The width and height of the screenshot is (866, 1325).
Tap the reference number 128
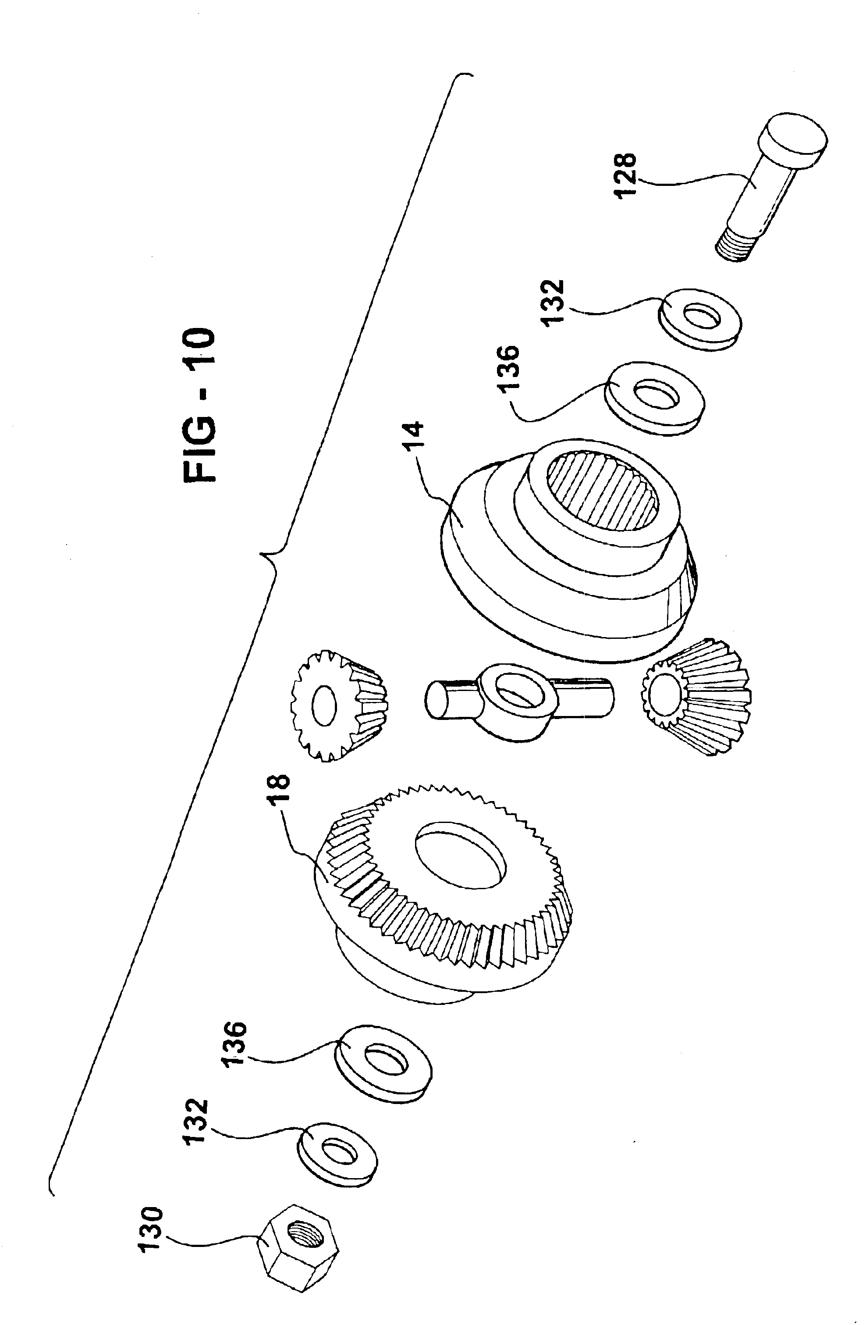[x=625, y=175]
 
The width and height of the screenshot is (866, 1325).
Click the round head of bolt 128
[x=796, y=139]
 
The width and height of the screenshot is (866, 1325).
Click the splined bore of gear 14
[x=603, y=489]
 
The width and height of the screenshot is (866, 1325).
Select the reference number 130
[x=152, y=1191]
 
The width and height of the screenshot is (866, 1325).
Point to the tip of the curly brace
[x=260, y=553]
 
